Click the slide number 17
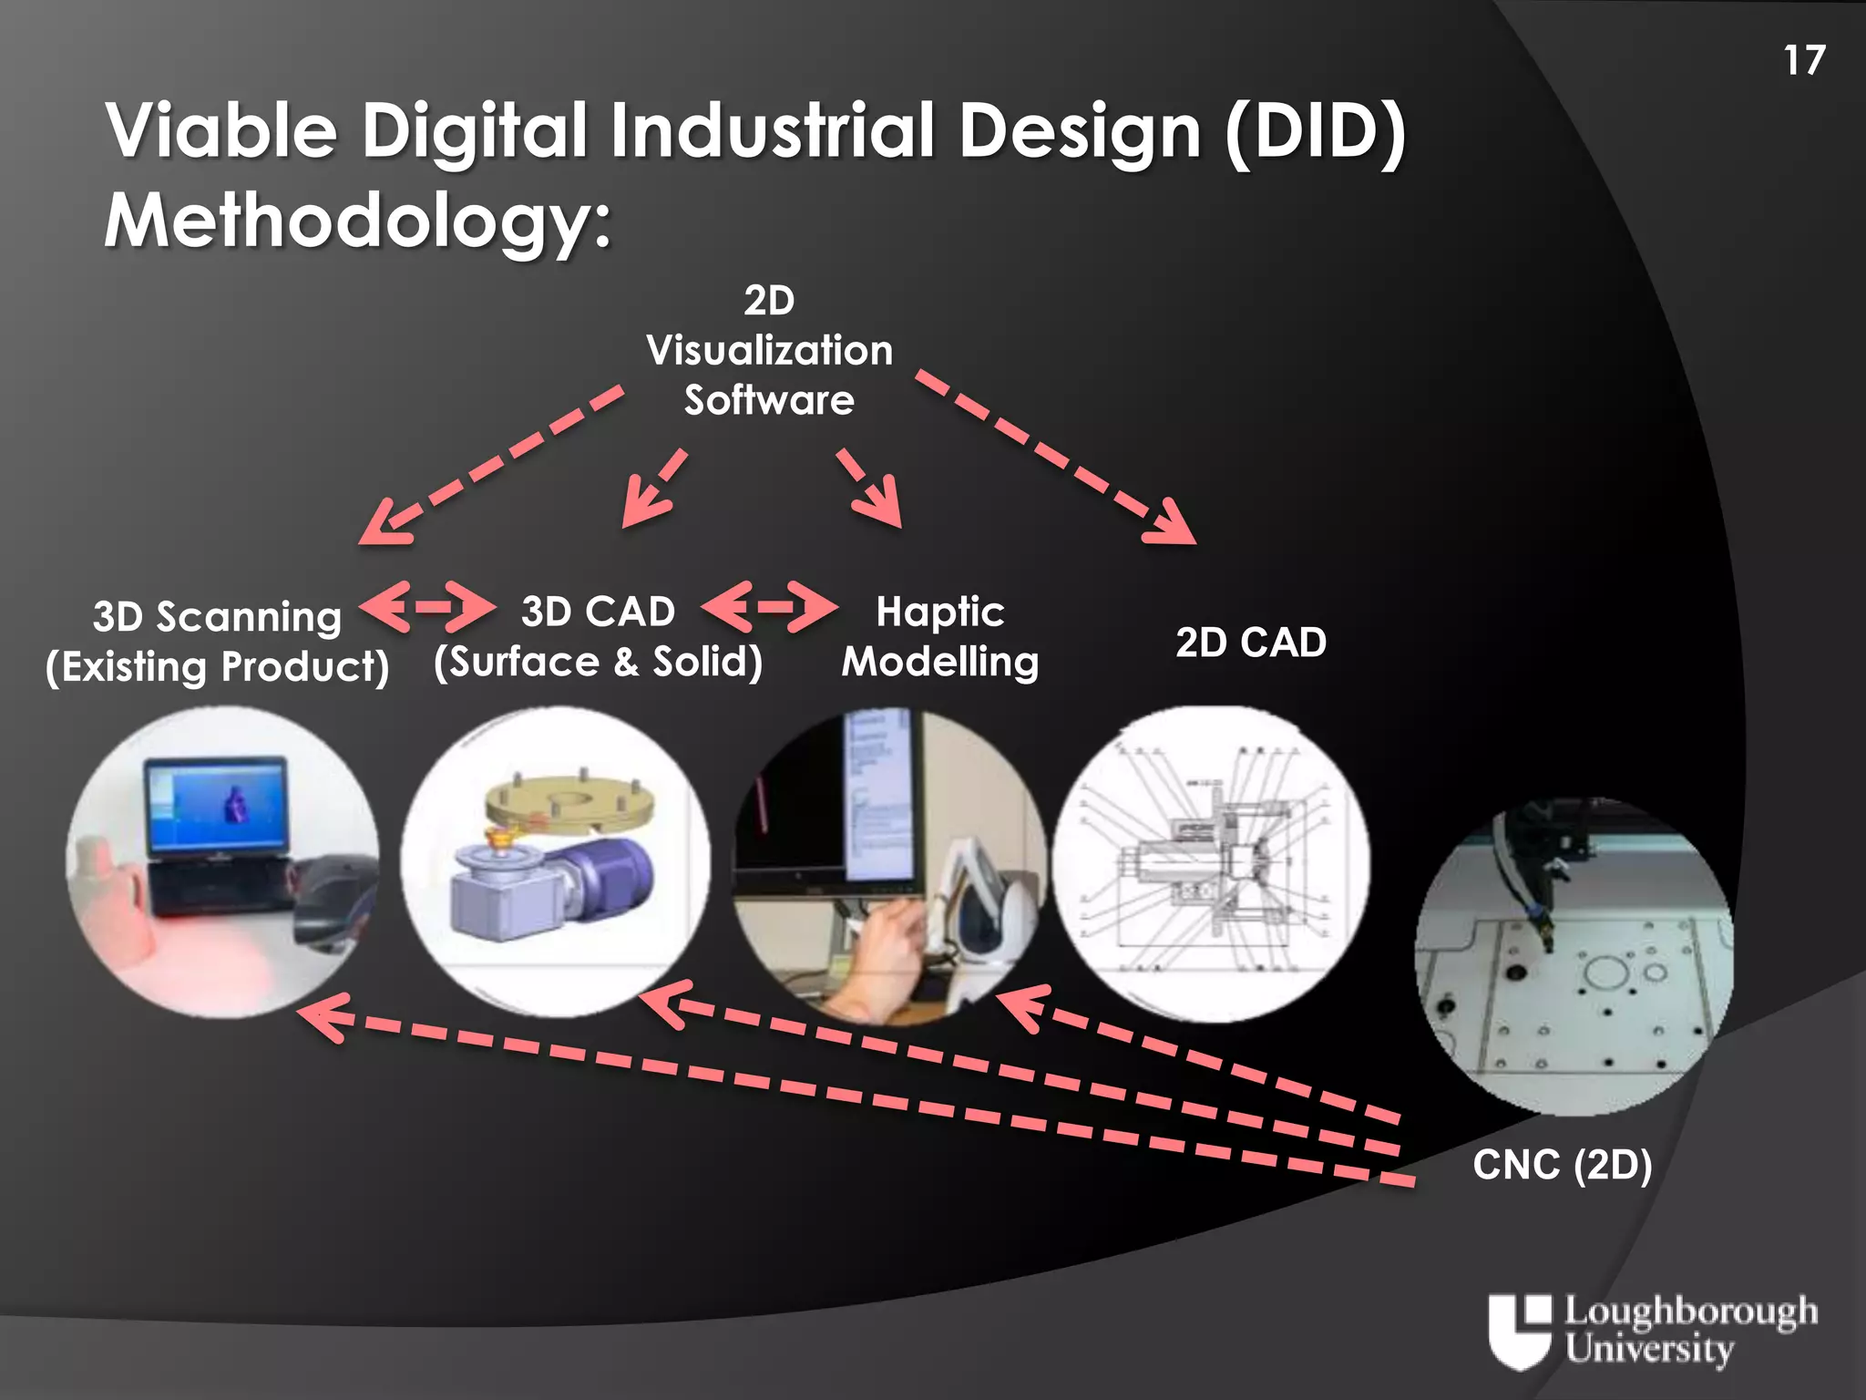coord(1804,61)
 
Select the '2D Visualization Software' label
coord(769,351)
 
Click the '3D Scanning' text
coord(217,617)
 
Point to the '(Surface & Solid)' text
coord(598,662)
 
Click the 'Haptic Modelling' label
coord(939,636)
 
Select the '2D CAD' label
coord(1250,643)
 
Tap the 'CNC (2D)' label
coord(1562,1165)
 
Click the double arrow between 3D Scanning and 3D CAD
coord(427,606)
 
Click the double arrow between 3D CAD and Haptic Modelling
coord(770,606)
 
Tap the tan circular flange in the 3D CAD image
coord(569,800)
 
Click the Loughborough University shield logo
coord(1519,1331)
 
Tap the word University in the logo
coord(1649,1348)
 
